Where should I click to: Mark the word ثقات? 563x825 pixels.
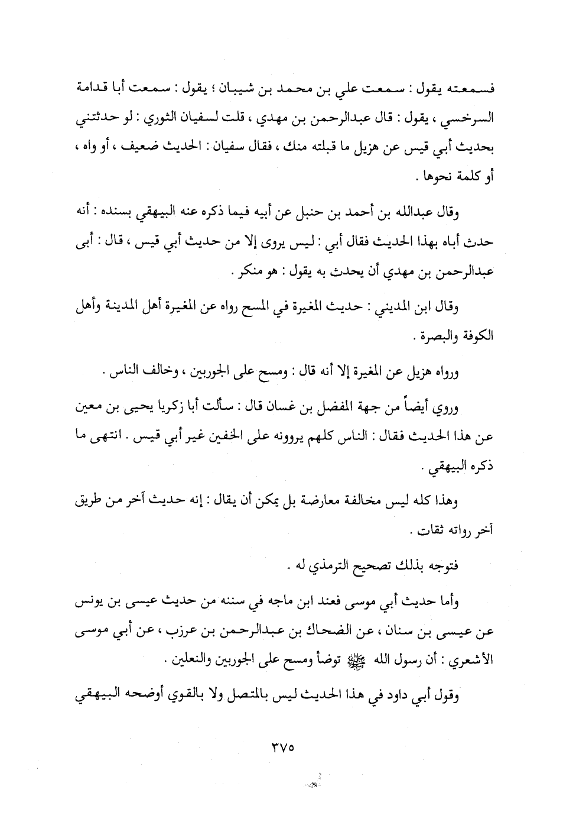[422, 530]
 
